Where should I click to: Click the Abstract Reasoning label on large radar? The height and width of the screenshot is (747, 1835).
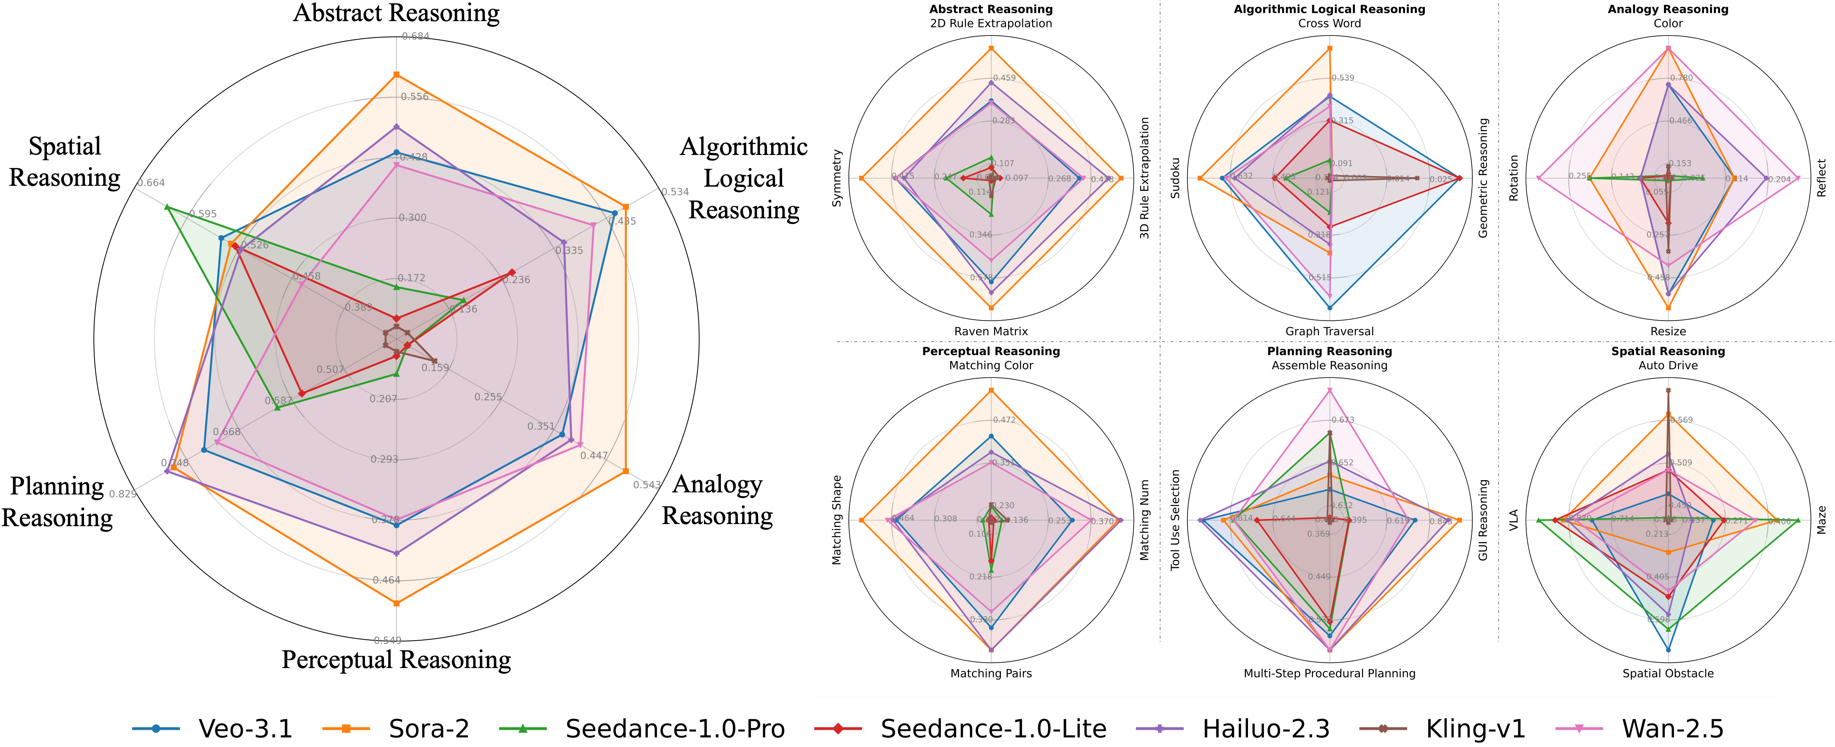396,13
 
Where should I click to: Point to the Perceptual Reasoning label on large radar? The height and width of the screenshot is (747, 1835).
396,660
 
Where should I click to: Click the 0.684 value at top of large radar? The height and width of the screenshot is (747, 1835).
415,36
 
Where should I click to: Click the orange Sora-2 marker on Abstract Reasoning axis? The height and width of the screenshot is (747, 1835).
397,75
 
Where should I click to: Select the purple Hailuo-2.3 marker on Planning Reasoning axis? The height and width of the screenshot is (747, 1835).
167,471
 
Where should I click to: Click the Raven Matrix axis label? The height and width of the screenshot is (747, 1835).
991,331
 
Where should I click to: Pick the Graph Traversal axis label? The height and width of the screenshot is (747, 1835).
1329,331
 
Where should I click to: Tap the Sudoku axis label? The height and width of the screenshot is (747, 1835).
1175,178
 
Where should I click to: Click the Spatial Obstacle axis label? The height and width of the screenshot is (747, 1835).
1668,673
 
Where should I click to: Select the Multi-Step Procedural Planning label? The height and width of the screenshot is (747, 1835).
1329,673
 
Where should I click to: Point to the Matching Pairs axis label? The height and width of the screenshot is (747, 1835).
991,673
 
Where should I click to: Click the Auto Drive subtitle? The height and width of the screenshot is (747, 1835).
1668,365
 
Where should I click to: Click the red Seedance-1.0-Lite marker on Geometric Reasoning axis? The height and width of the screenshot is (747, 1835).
1460,178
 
